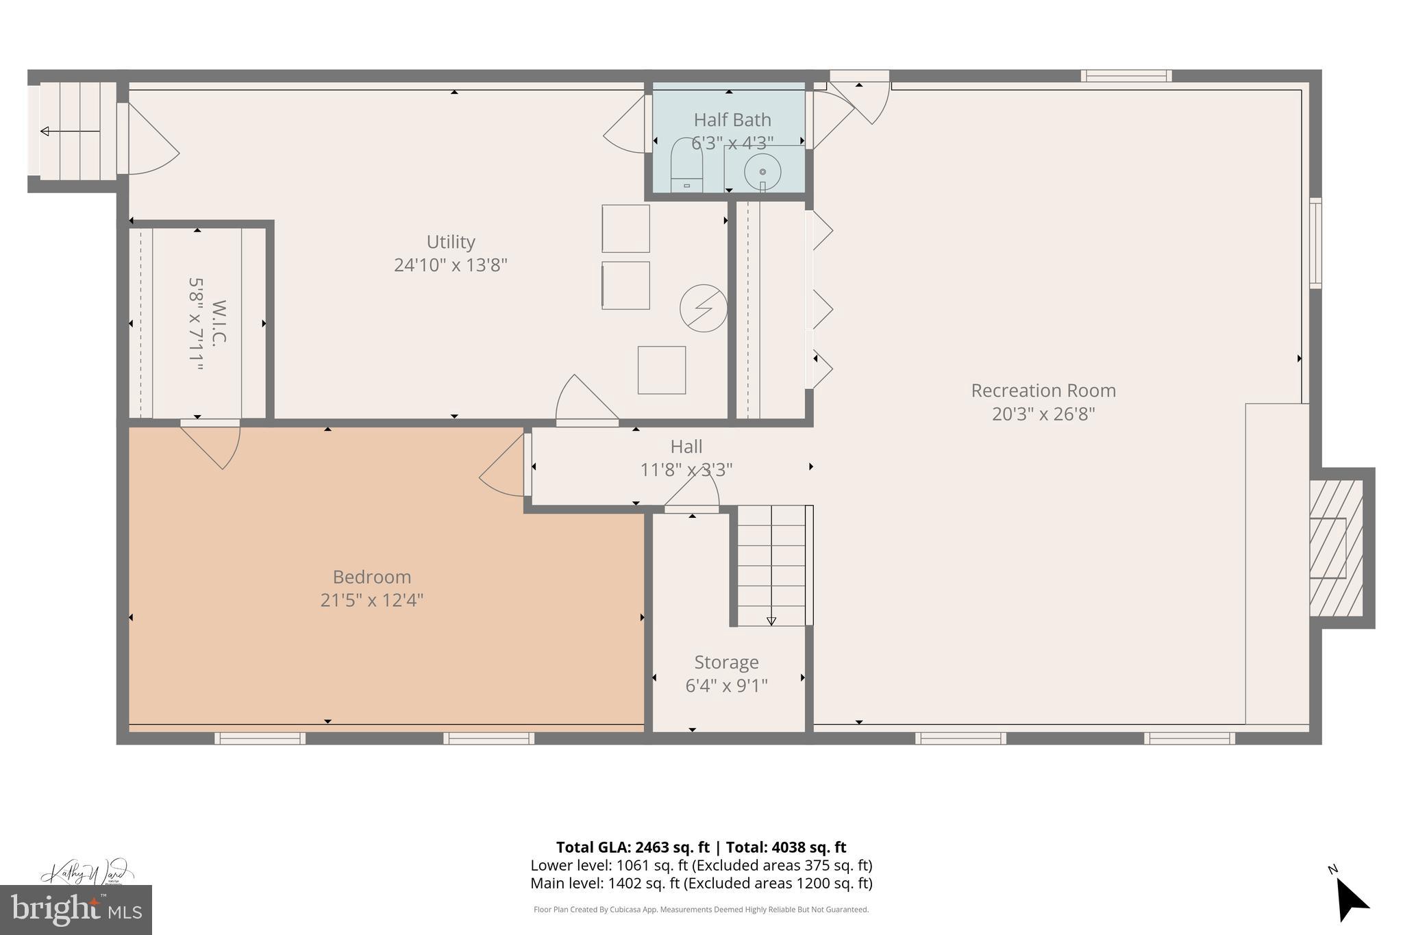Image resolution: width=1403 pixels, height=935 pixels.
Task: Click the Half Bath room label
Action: [732, 120]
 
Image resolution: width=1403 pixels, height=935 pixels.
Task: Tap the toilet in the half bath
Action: [686, 166]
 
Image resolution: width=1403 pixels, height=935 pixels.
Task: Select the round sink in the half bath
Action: [762, 171]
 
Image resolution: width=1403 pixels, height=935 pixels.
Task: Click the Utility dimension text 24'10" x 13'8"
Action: [450, 265]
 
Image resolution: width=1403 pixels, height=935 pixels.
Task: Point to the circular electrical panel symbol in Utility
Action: [703, 308]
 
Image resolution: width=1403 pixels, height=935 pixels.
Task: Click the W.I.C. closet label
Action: [219, 323]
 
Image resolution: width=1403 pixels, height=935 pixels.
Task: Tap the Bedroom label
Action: [371, 577]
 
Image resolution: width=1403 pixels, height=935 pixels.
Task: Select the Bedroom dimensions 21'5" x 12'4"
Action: [371, 601]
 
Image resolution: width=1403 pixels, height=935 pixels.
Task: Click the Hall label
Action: [686, 447]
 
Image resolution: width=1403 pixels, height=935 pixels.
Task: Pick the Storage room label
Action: [726, 662]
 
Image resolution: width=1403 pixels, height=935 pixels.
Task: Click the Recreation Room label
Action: [1043, 390]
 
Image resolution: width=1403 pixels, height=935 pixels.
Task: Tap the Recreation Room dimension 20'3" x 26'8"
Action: [1043, 414]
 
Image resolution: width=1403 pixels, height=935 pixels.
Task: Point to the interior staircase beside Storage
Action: [771, 565]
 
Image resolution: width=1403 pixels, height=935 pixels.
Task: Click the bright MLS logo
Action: [76, 910]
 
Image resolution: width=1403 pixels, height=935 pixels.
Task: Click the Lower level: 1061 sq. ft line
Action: [701, 865]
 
